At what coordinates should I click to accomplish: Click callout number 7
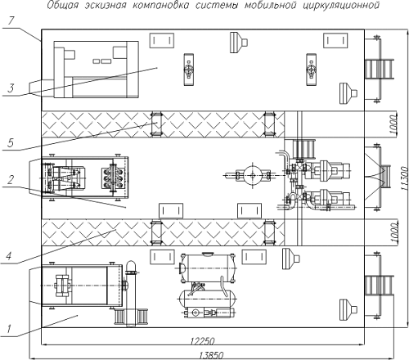11,21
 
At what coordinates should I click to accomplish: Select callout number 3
11,88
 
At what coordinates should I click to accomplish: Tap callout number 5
11,142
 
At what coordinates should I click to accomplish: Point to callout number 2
11,180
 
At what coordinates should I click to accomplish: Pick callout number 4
9,256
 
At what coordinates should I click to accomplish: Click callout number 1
9,329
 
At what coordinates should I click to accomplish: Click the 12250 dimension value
202,341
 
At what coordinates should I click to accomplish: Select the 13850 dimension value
211,356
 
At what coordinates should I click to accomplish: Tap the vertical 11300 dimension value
405,178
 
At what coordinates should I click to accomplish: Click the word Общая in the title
63,5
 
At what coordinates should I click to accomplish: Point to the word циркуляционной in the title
341,6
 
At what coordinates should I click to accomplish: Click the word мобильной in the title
270,5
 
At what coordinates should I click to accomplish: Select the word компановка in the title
160,5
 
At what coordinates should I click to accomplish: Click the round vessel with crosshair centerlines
253,175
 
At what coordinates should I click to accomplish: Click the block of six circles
113,178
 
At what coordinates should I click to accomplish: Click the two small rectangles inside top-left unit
101,61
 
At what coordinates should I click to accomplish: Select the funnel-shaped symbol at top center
239,43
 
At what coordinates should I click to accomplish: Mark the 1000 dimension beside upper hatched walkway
393,124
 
